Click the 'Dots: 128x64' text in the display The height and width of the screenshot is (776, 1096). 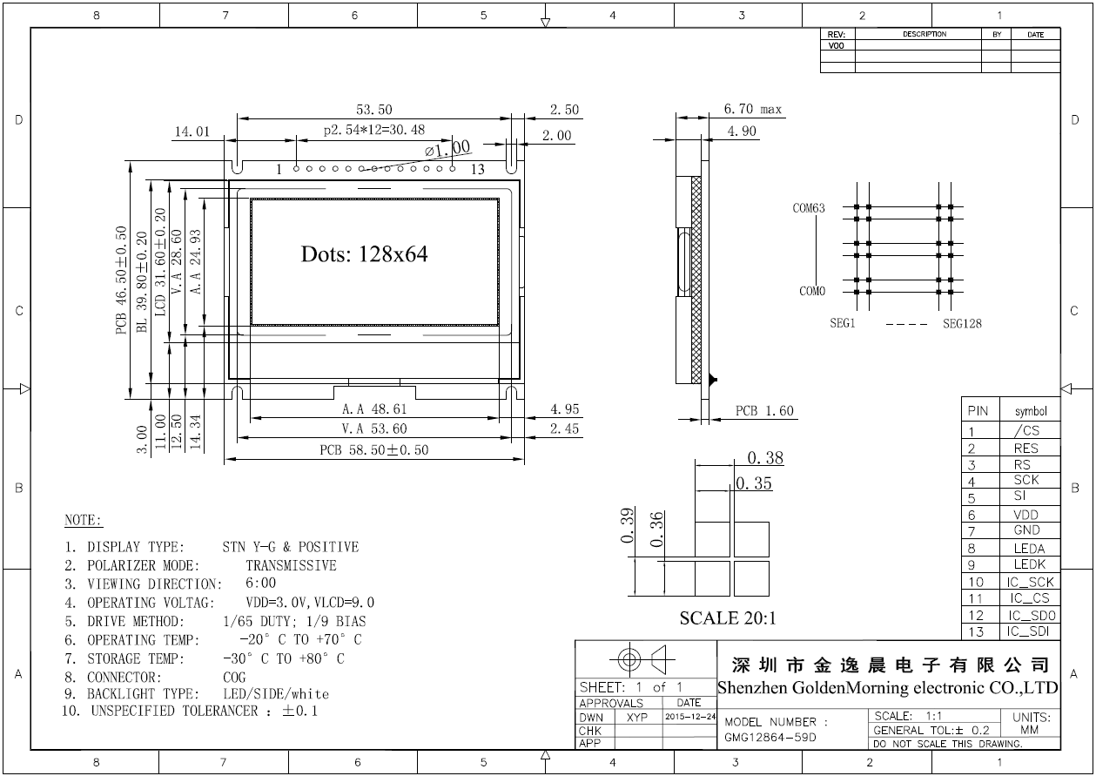pos(364,254)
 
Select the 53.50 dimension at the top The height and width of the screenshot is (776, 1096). pos(373,110)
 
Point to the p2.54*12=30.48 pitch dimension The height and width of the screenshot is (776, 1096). pos(373,131)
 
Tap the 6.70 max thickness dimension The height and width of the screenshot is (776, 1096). pos(753,110)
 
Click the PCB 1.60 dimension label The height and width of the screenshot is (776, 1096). pos(764,411)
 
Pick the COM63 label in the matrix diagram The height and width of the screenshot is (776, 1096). pos(808,208)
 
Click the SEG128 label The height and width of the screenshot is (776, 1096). pos(962,324)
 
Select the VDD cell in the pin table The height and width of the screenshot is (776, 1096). pos(1025,515)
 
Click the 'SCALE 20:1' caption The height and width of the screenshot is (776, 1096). pos(727,619)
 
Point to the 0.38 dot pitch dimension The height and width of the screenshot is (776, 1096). pos(765,458)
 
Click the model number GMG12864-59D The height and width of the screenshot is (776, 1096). pos(770,737)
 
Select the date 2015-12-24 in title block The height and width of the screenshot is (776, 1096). pos(689,717)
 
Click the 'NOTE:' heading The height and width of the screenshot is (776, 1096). pos(84,521)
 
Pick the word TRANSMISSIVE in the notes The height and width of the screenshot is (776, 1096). pos(291,565)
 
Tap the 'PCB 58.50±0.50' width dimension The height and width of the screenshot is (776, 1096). pos(373,450)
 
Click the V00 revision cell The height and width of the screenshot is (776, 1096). pos(837,45)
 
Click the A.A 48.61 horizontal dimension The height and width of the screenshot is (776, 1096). pos(373,408)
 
